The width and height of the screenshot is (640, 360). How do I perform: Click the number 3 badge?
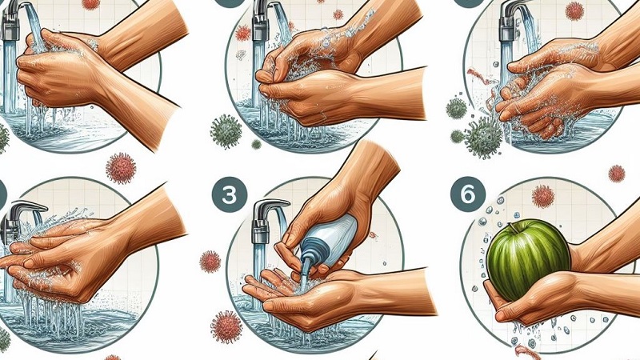(226, 195)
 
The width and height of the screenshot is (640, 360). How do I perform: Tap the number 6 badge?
(466, 194)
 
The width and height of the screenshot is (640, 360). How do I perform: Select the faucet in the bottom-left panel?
(20, 220)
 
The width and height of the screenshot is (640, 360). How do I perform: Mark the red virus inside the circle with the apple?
(543, 197)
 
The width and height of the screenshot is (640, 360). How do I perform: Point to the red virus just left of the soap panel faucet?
(210, 261)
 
